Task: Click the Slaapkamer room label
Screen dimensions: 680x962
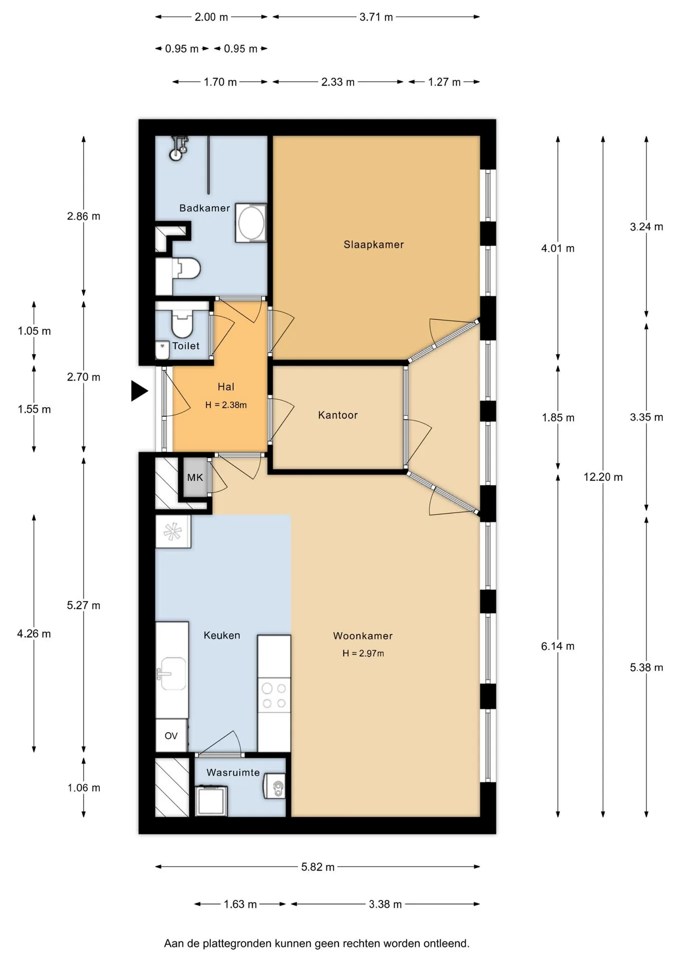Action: pyautogui.click(x=374, y=245)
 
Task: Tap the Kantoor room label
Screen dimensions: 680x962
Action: pyautogui.click(x=338, y=415)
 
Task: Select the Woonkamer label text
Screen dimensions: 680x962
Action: pyautogui.click(x=363, y=636)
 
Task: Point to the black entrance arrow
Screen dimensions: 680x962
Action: pyautogui.click(x=139, y=391)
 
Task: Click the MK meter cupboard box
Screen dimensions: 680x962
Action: pyautogui.click(x=195, y=477)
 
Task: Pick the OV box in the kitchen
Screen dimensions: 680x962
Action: pyautogui.click(x=171, y=736)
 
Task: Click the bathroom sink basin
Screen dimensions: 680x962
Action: pyautogui.click(x=251, y=223)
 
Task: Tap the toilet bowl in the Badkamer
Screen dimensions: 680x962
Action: pyautogui.click(x=186, y=269)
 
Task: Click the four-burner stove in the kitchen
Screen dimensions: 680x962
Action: pyautogui.click(x=274, y=695)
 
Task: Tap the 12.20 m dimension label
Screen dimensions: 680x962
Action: pyautogui.click(x=603, y=477)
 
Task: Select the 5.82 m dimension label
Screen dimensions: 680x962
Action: pyautogui.click(x=318, y=867)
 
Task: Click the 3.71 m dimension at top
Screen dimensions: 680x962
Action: pyautogui.click(x=376, y=17)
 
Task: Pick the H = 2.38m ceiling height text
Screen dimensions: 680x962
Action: pyautogui.click(x=226, y=405)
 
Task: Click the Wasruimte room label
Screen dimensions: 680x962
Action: pyautogui.click(x=233, y=773)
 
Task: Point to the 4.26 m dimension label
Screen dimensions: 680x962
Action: pyautogui.click(x=34, y=634)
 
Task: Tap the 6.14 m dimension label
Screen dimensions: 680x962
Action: pyautogui.click(x=558, y=646)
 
